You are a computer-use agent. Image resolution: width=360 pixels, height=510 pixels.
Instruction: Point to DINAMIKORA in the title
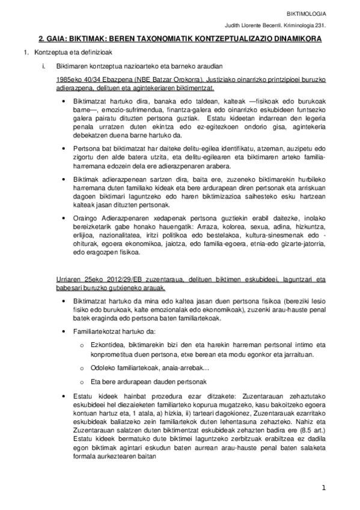[x=293, y=38]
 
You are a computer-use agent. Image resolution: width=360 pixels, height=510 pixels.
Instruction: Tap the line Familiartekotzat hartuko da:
[x=114, y=331]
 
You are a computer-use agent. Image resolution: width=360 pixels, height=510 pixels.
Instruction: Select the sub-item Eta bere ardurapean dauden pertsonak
[x=148, y=382]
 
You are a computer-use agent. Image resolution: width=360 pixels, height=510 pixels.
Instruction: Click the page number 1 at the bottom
[x=323, y=488]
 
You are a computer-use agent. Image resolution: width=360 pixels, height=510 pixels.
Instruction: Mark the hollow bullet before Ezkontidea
[x=82, y=345]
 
